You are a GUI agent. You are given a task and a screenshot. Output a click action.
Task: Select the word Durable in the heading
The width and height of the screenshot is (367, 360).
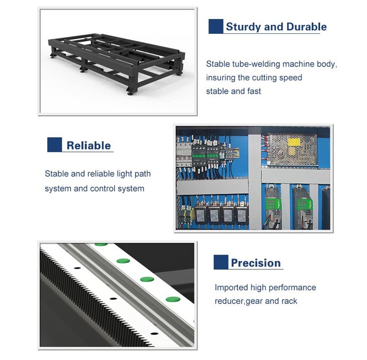306,27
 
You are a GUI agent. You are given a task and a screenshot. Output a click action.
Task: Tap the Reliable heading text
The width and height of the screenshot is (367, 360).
89,145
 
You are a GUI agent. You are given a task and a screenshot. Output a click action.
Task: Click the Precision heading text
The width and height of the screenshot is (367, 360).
256,263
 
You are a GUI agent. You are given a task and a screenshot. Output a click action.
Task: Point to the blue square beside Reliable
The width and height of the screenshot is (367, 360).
54,144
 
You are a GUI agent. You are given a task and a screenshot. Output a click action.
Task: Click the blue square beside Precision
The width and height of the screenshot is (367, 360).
221,262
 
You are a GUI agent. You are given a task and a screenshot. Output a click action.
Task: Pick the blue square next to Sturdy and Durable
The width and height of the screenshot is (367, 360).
216,26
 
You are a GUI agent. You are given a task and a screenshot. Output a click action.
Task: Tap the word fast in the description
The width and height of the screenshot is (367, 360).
253,91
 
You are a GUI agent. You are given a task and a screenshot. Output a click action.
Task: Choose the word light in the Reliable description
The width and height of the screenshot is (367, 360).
124,174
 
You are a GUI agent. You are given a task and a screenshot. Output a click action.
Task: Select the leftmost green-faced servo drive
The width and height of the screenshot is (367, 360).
274,207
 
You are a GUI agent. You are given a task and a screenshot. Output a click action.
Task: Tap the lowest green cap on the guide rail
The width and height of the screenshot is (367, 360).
173,299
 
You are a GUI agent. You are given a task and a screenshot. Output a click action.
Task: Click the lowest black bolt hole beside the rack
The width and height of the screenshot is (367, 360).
154,333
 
